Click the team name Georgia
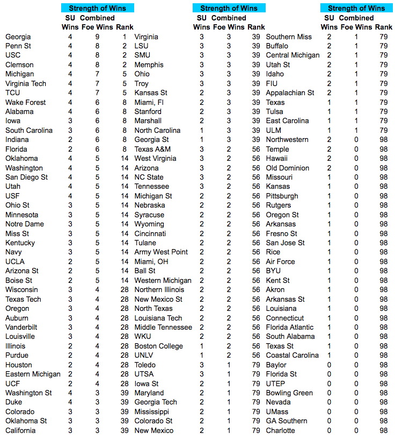[18, 37]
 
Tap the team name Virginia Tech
[26, 83]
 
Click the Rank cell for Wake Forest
[125, 102]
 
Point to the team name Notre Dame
[25, 224]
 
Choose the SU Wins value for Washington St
[70, 393]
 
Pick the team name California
[20, 430]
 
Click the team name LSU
[142, 46]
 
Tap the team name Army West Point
[161, 252]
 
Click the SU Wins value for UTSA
[202, 374]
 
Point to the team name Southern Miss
[289, 37]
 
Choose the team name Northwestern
[287, 139]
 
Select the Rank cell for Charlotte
[383, 430]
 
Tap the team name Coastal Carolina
[292, 355]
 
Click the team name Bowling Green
[289, 393]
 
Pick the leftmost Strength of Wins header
[98, 8]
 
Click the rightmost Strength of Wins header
[356, 8]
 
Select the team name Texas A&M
[152, 149]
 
